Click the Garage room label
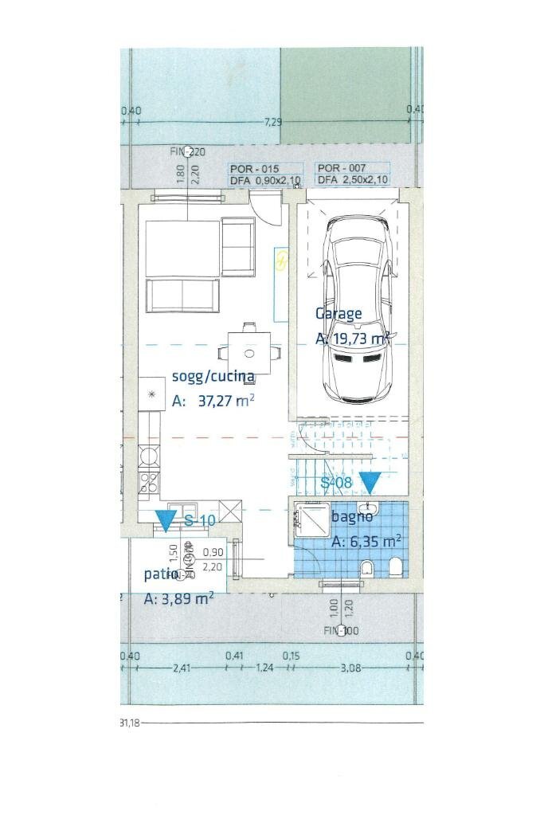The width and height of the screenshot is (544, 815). (339, 313)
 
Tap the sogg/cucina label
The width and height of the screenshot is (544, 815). (213, 377)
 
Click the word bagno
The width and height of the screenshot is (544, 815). (350, 517)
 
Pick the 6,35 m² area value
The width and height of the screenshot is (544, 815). (366, 542)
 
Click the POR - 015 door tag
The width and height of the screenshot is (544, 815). (253, 169)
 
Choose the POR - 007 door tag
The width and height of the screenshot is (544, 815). (341, 169)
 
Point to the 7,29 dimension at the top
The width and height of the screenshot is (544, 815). (273, 122)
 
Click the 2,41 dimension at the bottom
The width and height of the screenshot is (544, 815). (182, 667)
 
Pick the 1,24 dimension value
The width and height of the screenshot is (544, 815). (264, 667)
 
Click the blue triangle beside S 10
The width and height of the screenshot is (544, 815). (166, 521)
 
